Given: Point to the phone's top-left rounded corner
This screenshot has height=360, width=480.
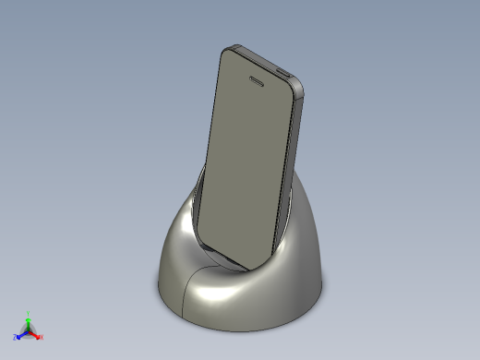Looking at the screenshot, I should pos(227,52).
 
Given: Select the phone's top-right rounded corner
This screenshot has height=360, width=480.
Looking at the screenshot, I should pos(302,89).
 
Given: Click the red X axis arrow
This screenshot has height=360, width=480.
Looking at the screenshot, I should pos(36,334).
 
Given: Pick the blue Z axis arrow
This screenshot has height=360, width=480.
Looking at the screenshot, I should pos(20,334).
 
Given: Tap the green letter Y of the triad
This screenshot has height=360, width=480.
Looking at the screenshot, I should pos(29,313).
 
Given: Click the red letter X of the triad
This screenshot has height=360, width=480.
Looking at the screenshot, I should pos(42,337).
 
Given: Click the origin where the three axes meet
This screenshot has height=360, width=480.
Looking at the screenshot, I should pos(28,330).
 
